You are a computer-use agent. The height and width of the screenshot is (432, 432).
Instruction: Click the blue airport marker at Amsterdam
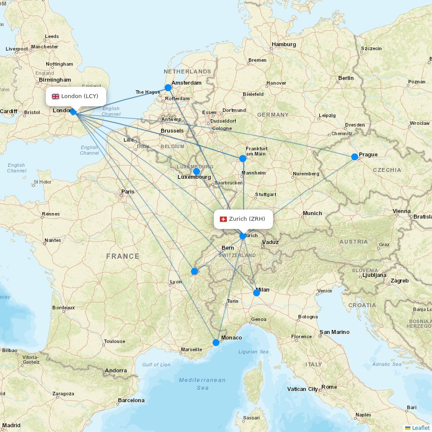coord(168,88)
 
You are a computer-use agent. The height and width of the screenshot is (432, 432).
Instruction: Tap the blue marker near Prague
coord(355,157)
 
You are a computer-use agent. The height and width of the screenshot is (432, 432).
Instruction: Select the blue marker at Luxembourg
coord(197,172)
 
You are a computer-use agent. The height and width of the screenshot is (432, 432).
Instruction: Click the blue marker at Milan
coord(257,293)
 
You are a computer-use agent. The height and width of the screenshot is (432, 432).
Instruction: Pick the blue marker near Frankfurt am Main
coord(243,159)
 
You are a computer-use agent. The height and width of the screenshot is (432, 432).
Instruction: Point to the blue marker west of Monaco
coord(216,343)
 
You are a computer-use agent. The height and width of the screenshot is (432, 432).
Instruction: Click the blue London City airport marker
coord(73,112)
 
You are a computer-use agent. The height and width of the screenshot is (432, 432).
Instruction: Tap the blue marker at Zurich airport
coord(243,236)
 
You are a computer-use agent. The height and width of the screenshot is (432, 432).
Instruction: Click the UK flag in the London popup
coord(56,96)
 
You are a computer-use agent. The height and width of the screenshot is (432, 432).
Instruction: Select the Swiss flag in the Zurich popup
coord(223,219)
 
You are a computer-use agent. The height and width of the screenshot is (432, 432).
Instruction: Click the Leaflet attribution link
coord(420,428)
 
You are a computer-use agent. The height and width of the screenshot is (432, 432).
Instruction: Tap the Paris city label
coord(128,191)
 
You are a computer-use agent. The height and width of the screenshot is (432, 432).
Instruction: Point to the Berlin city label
coord(346,78)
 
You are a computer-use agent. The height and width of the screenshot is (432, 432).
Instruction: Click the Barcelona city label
coord(131,400)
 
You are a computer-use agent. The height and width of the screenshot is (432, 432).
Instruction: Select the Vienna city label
coord(402,211)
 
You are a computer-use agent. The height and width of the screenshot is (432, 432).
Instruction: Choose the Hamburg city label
coord(284,44)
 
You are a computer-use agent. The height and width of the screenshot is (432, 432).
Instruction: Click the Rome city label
coord(329,387)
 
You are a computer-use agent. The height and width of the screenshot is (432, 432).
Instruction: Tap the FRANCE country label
coord(123,257)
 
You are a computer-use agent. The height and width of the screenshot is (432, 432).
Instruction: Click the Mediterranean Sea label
coord(202,384)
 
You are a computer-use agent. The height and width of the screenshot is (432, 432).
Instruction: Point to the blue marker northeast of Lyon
coord(194,271)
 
